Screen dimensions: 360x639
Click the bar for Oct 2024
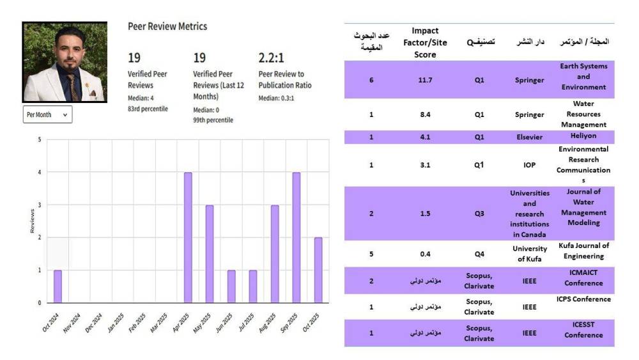click(x=58, y=286)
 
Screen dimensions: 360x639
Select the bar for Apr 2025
click(x=188, y=238)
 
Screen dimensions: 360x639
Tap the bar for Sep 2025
click(x=296, y=238)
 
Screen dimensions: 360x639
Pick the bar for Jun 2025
click(x=231, y=286)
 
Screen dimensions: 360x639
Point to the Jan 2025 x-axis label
click(x=115, y=322)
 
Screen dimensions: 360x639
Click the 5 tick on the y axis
click(x=40, y=140)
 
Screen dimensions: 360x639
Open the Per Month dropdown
click(x=47, y=114)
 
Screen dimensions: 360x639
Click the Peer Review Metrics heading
click(x=167, y=27)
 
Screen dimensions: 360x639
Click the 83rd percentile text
click(x=148, y=109)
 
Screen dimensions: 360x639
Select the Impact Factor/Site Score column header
click(x=425, y=43)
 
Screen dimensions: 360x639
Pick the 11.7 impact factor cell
click(x=425, y=81)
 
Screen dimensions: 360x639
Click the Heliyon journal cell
click(x=583, y=137)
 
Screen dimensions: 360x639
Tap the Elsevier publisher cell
click(x=529, y=137)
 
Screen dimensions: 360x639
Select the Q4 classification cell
click(x=479, y=253)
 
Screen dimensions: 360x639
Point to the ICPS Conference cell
click(x=583, y=299)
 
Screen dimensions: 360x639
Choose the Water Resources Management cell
click(x=583, y=114)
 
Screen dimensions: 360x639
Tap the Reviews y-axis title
click(x=32, y=221)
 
